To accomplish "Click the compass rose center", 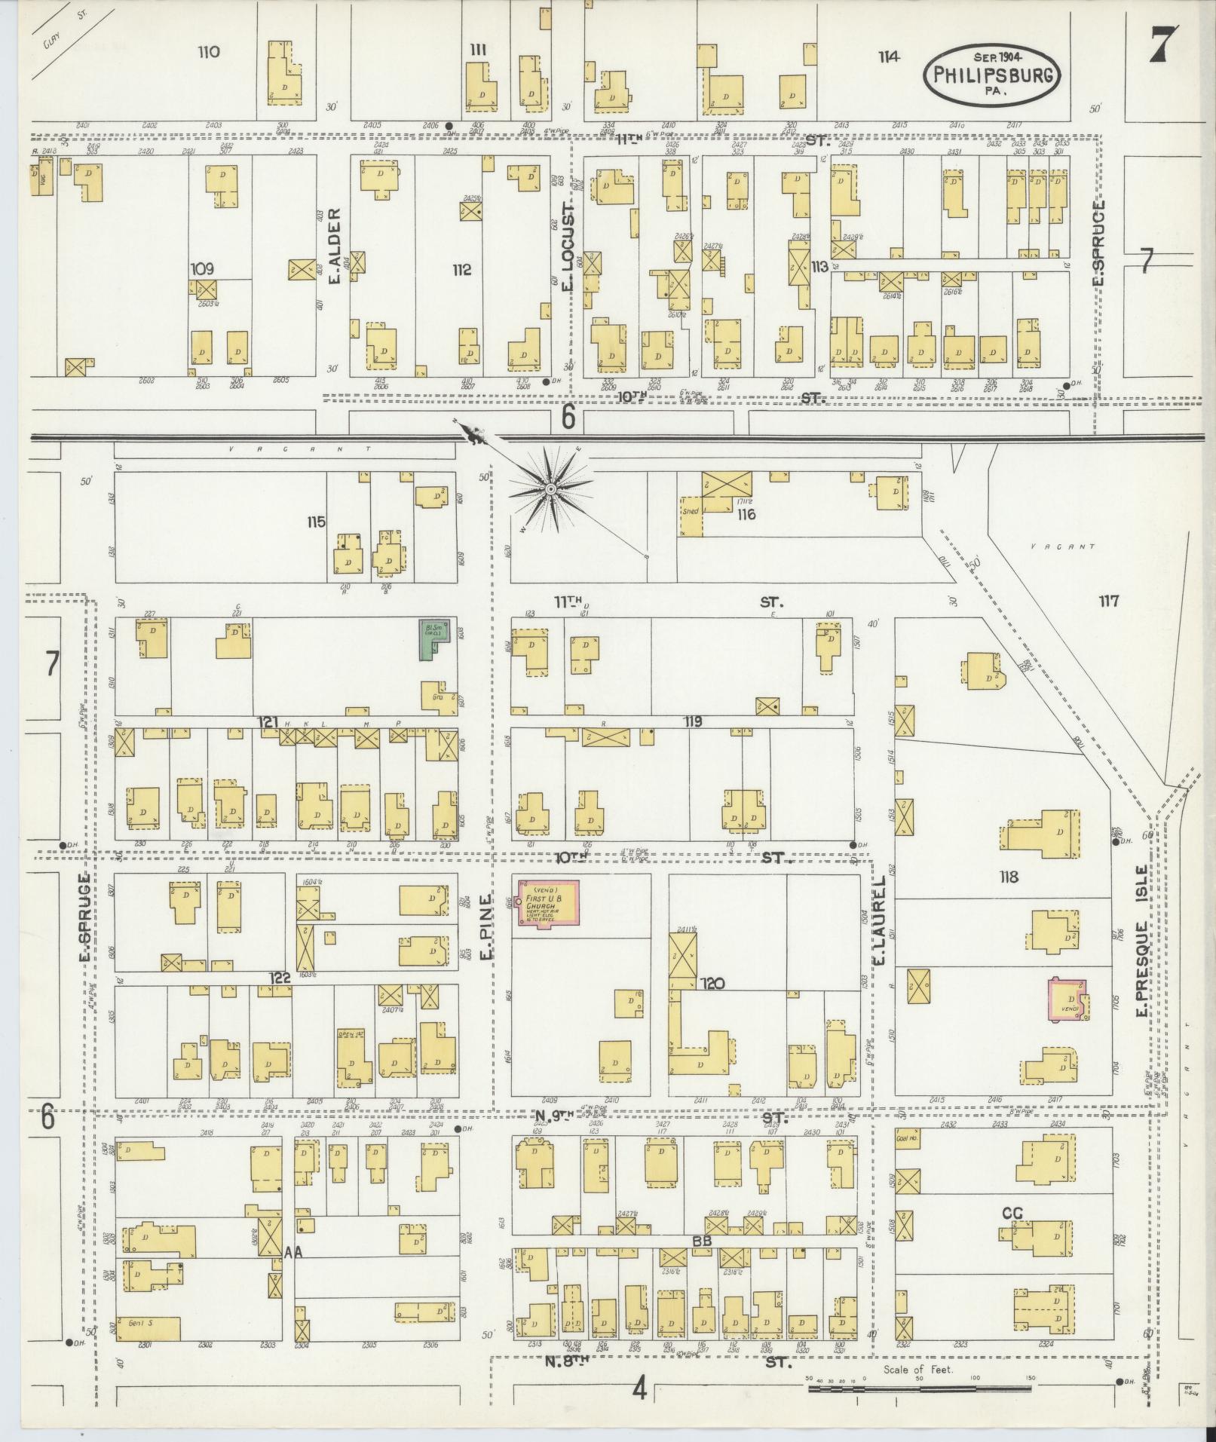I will coord(551,490).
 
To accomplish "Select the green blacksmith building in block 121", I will coord(435,639).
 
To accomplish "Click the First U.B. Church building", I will coord(548,902).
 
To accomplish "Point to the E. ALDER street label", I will coord(336,246).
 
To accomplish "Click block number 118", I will coord(1008,877).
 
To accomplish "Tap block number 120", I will coord(712,983).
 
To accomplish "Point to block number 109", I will coord(203,268).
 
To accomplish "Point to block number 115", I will coord(316,521).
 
